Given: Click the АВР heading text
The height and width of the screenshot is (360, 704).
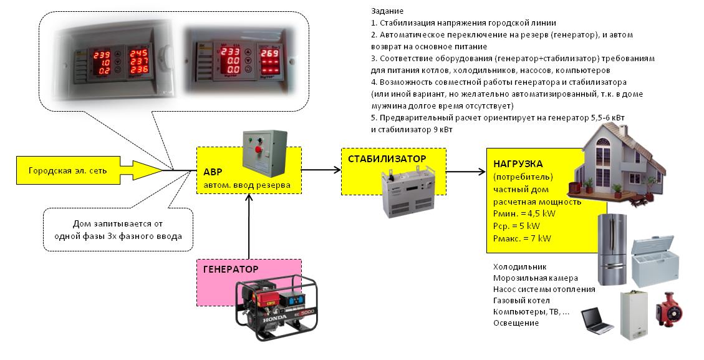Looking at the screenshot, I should [213, 172].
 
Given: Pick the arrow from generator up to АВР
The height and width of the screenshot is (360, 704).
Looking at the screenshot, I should [249, 225].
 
